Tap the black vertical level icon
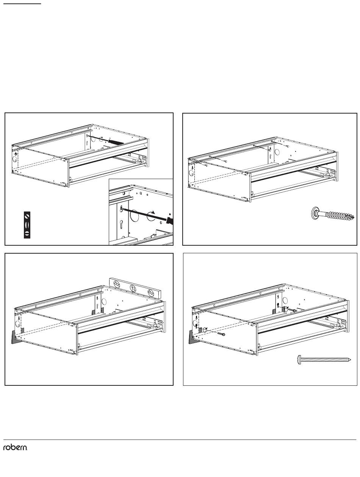pyautogui.click(x=27, y=225)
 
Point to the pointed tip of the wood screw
pyautogui.click(x=354, y=217)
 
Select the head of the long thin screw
pyautogui.click(x=299, y=360)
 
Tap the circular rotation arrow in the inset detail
pyautogui.click(x=151, y=215)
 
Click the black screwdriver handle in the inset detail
pyautogui.click(x=170, y=221)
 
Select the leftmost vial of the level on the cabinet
pyautogui.click(x=117, y=284)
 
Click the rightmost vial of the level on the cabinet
pyautogui.click(x=150, y=293)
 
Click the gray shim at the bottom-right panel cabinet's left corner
pyautogui.click(x=193, y=337)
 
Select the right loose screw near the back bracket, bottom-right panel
pyautogui.click(x=293, y=311)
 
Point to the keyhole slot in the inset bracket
pyautogui.click(x=121, y=224)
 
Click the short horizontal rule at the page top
pyautogui.click(x=22, y=4)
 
